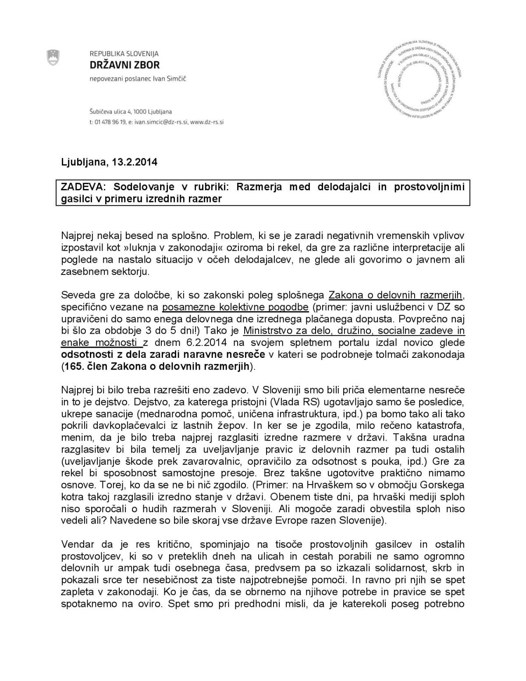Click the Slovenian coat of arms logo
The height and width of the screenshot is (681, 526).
tap(53, 57)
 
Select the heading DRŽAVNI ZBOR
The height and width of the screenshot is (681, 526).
tap(124, 65)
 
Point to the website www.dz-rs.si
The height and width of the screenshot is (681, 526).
tap(208, 122)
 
